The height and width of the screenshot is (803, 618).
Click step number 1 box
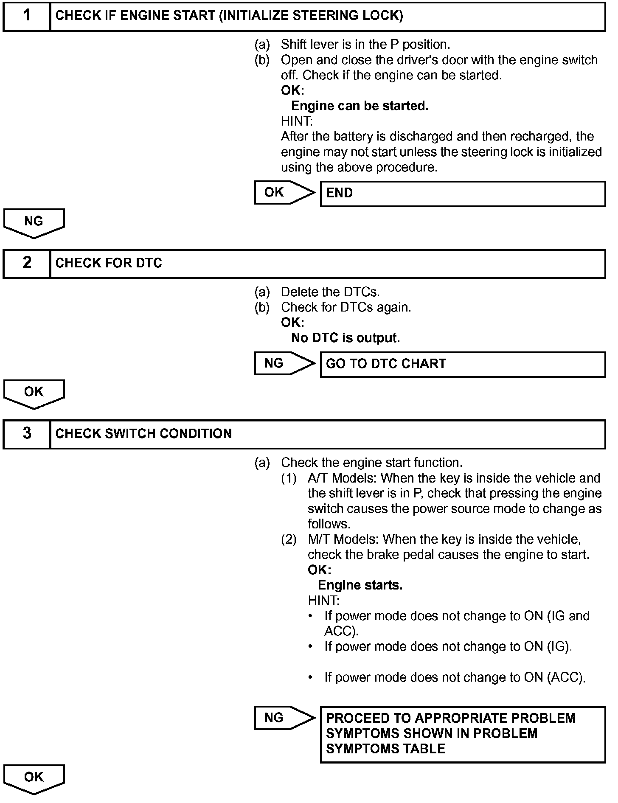coord(27,16)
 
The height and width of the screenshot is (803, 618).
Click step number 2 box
coord(27,263)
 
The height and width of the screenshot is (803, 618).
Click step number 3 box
coord(27,434)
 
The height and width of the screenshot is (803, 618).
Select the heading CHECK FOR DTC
coord(109,263)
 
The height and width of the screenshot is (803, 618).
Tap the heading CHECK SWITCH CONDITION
coord(143,434)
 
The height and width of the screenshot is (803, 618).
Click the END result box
coord(462,194)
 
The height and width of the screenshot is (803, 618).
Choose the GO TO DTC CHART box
coord(462,364)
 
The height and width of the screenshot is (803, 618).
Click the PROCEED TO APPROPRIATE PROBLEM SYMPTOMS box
coord(462,734)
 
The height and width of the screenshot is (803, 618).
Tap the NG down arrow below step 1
coord(34,222)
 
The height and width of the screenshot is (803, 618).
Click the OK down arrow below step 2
coord(34,393)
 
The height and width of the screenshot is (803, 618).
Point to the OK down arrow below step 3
coord(34,778)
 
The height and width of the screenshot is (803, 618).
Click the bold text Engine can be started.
coord(360,106)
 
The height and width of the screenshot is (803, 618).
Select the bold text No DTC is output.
coord(346,338)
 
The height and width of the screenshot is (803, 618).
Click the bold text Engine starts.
coord(360,585)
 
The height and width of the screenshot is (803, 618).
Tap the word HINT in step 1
coord(296,121)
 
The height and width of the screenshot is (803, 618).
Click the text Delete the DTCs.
coord(330,292)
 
